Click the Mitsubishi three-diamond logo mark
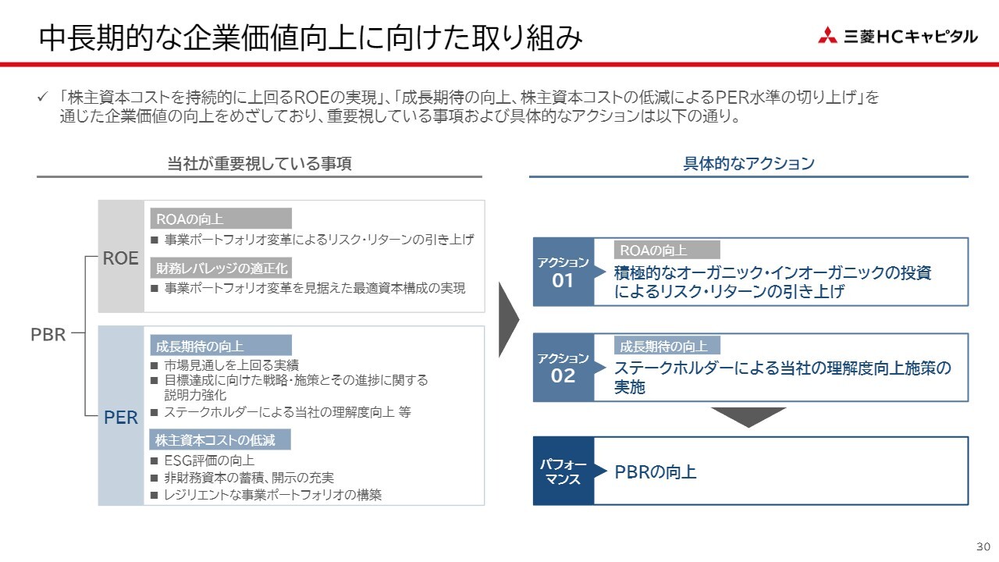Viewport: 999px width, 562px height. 827,35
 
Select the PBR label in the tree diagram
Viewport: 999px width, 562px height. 48,335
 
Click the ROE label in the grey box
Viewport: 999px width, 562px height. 121,258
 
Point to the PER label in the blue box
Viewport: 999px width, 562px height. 121,418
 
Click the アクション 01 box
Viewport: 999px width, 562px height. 563,272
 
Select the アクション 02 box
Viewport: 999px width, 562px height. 563,368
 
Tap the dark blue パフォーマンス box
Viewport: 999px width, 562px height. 563,471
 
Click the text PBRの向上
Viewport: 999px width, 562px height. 655,472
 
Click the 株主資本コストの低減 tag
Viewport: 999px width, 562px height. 221,439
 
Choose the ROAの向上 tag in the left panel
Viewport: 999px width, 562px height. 221,219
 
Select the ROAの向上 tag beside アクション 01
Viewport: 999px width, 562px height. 667,250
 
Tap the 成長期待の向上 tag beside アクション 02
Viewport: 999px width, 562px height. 667,346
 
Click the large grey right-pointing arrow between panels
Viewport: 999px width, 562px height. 509,318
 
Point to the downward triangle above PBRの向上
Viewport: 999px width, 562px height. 748,417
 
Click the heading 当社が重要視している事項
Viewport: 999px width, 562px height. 259,163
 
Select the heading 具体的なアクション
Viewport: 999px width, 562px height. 748,163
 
